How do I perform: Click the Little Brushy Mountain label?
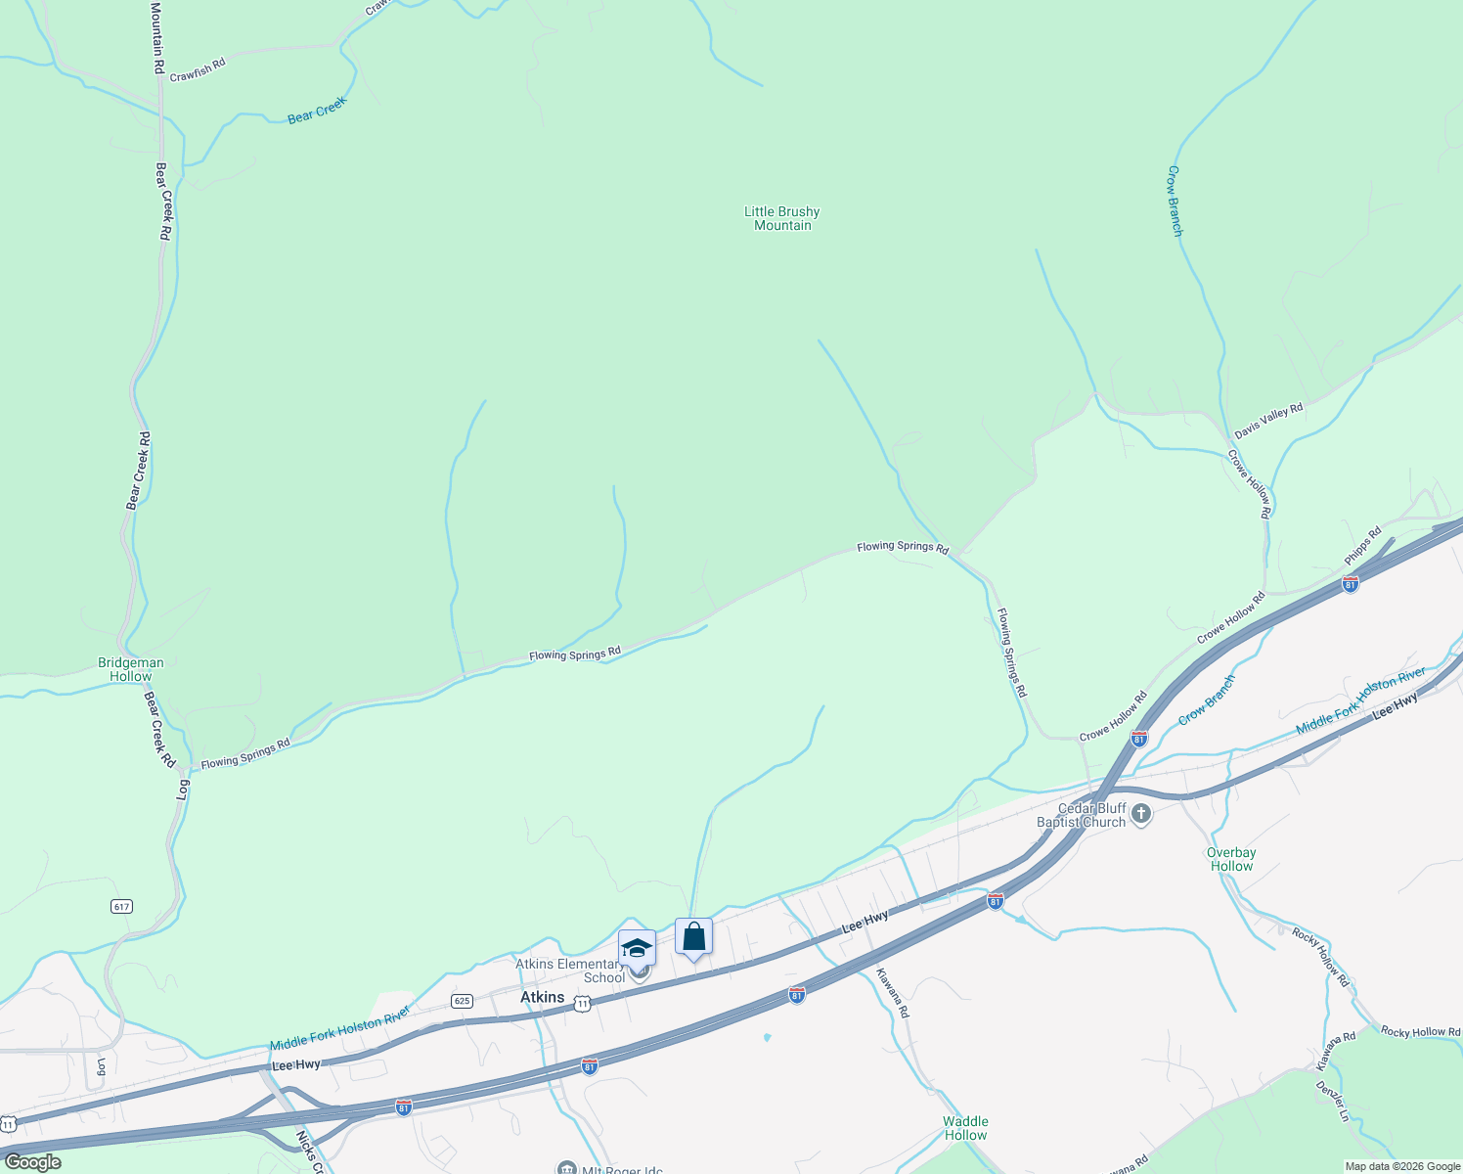[781, 218]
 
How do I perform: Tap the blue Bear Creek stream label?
[317, 111]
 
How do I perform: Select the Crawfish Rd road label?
[198, 69]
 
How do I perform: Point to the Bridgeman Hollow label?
[131, 669]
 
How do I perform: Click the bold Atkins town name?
[542, 997]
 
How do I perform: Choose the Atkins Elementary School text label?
[569, 971]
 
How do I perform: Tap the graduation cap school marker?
[637, 948]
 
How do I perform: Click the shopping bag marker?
[693, 936]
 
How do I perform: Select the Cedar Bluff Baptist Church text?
[1081, 815]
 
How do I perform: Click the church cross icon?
[1140, 814]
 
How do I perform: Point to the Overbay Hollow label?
[1231, 859]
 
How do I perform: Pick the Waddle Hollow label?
[965, 1128]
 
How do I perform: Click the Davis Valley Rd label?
[1268, 421]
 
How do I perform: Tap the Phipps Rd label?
[1362, 546]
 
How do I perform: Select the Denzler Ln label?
[1333, 1101]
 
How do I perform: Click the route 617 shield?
[121, 907]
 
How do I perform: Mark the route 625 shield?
[463, 1001]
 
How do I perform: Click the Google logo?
[32, 1162]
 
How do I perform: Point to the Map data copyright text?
[1402, 1166]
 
